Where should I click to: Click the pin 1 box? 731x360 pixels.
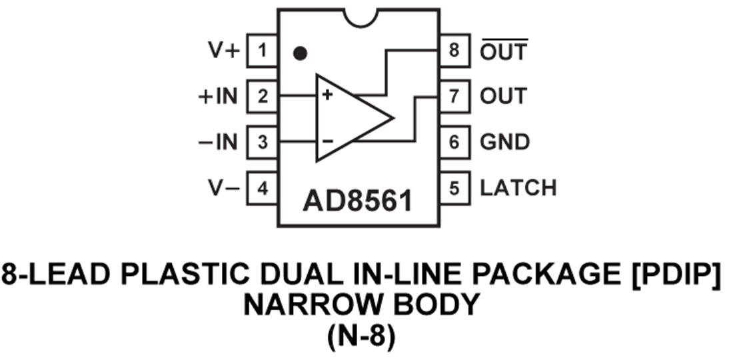click(263, 51)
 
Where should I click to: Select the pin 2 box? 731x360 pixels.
click(263, 96)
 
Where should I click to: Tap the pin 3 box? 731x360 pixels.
click(263, 141)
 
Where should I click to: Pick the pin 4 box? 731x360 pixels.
click(263, 187)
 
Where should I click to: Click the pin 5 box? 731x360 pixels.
click(454, 187)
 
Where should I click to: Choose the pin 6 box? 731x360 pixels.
click(454, 141)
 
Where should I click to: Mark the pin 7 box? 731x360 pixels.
click(454, 96)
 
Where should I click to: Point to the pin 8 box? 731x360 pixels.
click(454, 51)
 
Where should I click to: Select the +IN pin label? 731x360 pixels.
click(217, 96)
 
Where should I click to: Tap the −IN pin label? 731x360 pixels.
click(217, 141)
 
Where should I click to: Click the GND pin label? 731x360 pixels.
click(505, 141)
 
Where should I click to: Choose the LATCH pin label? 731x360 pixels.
click(518, 187)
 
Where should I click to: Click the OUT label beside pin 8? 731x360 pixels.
click(504, 51)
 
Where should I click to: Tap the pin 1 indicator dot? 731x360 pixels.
click(301, 51)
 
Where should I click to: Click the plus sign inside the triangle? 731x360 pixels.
click(327, 95)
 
